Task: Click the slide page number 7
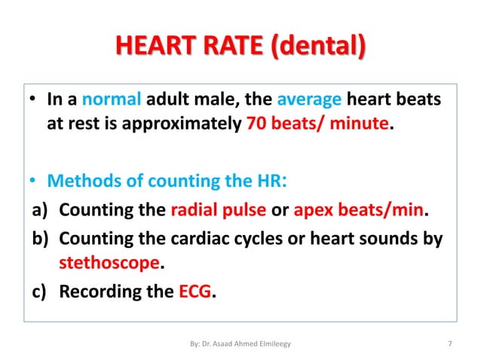[x=449, y=344]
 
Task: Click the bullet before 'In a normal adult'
[x=35, y=101]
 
